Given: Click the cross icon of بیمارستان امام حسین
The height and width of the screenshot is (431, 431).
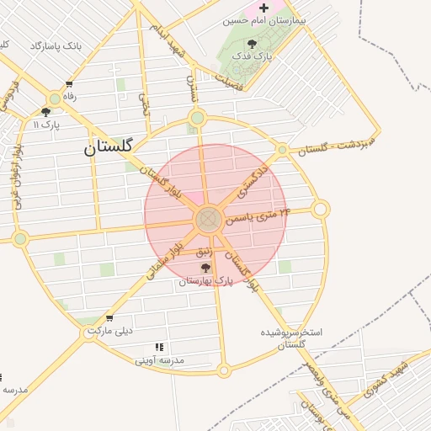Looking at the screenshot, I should [x=263, y=8].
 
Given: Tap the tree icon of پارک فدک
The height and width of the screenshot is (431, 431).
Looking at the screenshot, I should [x=253, y=44].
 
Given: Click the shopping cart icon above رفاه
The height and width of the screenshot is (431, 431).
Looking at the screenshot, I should [x=68, y=84].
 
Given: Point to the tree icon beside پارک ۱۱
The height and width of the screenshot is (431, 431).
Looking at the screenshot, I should [x=46, y=111].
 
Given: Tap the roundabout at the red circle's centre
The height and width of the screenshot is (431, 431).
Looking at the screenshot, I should [x=209, y=221].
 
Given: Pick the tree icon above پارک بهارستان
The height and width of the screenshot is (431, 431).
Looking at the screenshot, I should [x=205, y=268].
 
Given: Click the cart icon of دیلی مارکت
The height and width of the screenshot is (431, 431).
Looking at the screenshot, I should [x=109, y=318].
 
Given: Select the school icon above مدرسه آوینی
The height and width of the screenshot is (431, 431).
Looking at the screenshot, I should [x=160, y=347].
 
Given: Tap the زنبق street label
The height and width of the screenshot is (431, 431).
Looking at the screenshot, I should [x=205, y=251].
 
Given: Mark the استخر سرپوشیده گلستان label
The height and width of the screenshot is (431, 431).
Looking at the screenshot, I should [x=291, y=338].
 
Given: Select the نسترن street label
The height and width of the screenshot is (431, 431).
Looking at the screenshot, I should [x=190, y=88].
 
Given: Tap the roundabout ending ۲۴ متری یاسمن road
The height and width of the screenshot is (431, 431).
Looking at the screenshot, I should [x=320, y=209].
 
